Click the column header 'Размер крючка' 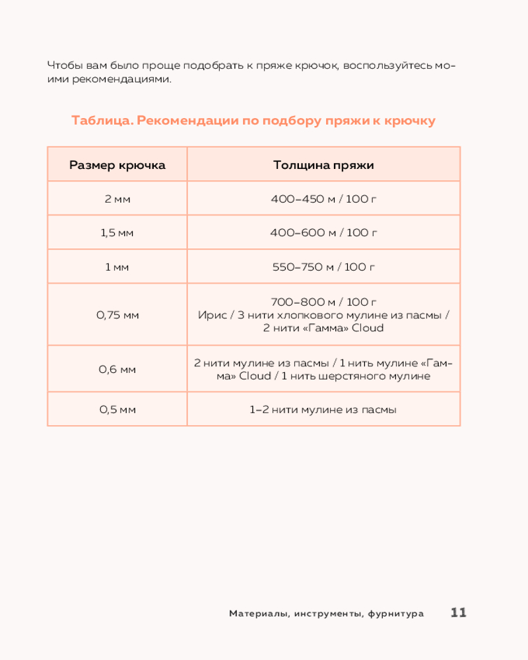[117, 165]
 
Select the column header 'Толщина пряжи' [323, 165]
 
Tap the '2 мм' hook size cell [117, 199]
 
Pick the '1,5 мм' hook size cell [117, 233]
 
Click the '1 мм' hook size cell [117, 267]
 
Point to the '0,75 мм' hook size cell [117, 315]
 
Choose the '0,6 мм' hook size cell [117, 370]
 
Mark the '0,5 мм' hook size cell [117, 410]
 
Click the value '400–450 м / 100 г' [323, 199]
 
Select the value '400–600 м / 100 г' [323, 233]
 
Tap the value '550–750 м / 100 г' [323, 267]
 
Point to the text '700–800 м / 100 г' [323, 302]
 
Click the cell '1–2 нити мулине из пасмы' [323, 410]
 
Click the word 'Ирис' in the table [211, 315]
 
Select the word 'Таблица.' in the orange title [102, 121]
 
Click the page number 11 [459, 612]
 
